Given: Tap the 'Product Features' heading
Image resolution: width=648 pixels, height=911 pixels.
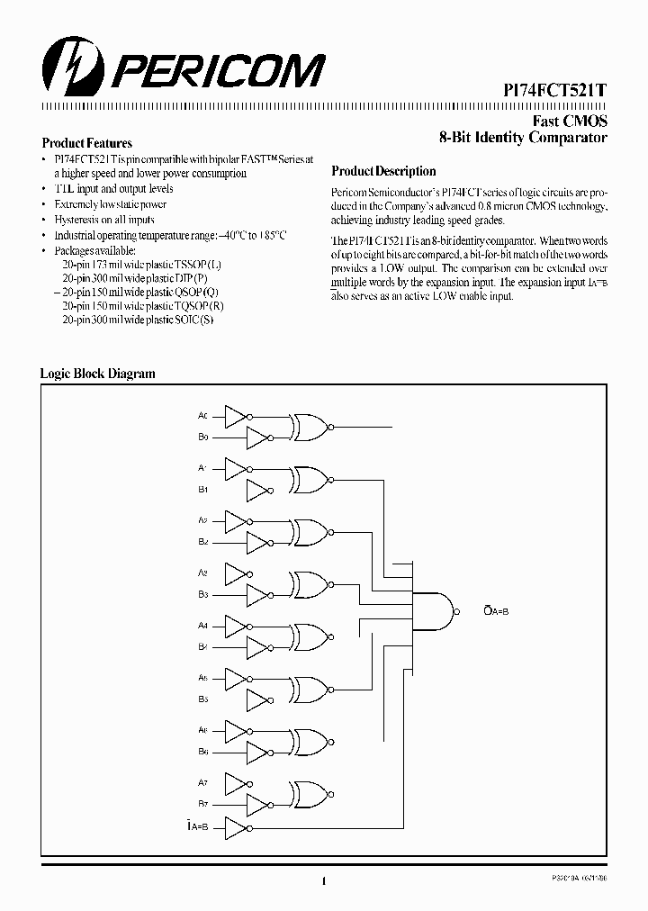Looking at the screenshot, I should coord(87,143).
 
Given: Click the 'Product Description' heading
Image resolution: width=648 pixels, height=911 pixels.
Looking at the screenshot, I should coord(383,171).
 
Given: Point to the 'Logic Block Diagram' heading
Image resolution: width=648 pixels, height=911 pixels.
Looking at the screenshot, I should coord(97,374).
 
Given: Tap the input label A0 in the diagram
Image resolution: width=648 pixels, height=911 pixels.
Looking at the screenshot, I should coord(202,416).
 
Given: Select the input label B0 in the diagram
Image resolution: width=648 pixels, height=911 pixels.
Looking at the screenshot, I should coord(202,437).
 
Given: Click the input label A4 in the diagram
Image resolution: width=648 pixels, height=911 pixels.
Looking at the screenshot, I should coord(202,625).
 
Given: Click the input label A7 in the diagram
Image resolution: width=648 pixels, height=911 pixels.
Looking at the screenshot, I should coord(202,780).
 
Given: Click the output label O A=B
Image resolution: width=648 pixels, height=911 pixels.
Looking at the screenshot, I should coord(496,611).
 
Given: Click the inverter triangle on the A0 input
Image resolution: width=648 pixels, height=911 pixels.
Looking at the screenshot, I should coord(235,416).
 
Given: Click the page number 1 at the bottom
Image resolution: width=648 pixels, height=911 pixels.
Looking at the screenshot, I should coord(322,883).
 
